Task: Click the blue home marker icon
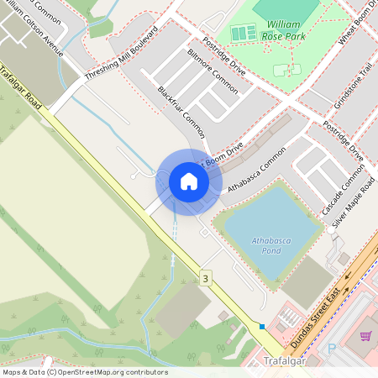pos(189,181)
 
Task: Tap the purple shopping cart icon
pos(365,336)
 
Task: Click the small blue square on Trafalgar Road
pos(262,327)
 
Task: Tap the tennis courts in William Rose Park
pos(243,33)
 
